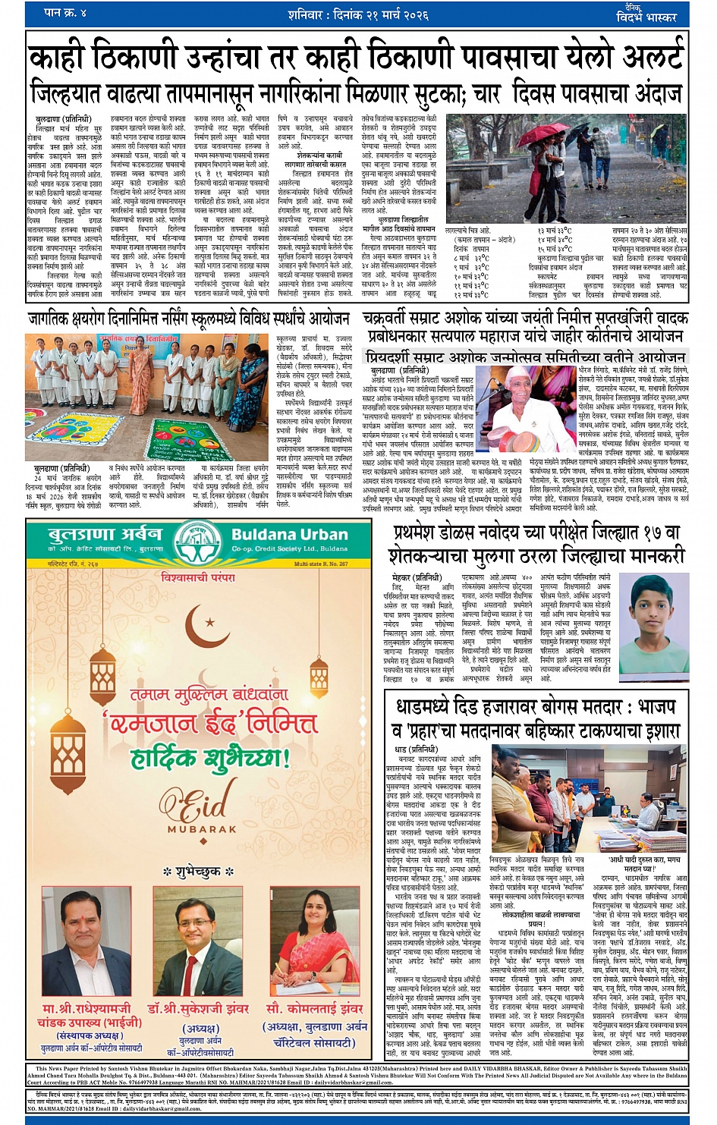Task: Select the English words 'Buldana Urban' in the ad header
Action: coord(290,534)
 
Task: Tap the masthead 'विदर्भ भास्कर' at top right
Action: coord(648,17)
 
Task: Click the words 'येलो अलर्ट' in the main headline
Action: coord(615,58)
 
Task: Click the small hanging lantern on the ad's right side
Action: coord(319,680)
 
